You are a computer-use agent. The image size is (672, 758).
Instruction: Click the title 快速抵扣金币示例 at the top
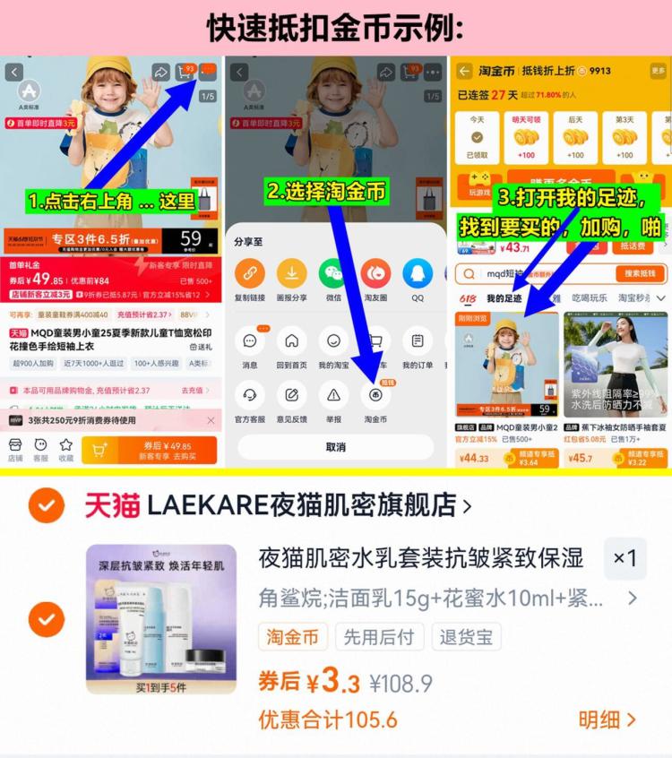(x=335, y=28)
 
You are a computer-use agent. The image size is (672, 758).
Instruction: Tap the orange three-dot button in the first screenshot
(x=208, y=71)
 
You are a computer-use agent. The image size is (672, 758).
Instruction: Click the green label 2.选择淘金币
(x=326, y=191)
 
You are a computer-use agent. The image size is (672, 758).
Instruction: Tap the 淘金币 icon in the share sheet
(x=375, y=395)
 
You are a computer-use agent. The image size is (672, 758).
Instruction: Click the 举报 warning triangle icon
(x=333, y=395)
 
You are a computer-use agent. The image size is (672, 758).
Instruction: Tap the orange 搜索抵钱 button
(x=640, y=273)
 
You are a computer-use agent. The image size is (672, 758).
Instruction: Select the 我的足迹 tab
(x=504, y=298)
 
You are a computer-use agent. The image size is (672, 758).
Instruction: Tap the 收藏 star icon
(x=65, y=449)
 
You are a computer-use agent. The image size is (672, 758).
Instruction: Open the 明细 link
(x=607, y=719)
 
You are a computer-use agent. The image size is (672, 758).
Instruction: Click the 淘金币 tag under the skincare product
(x=292, y=637)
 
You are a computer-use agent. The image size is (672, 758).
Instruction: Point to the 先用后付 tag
(x=380, y=637)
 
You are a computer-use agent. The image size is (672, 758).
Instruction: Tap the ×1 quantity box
(x=625, y=558)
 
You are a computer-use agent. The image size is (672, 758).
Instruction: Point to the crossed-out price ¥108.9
(x=401, y=684)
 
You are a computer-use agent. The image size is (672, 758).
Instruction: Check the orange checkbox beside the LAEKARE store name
(x=46, y=505)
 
